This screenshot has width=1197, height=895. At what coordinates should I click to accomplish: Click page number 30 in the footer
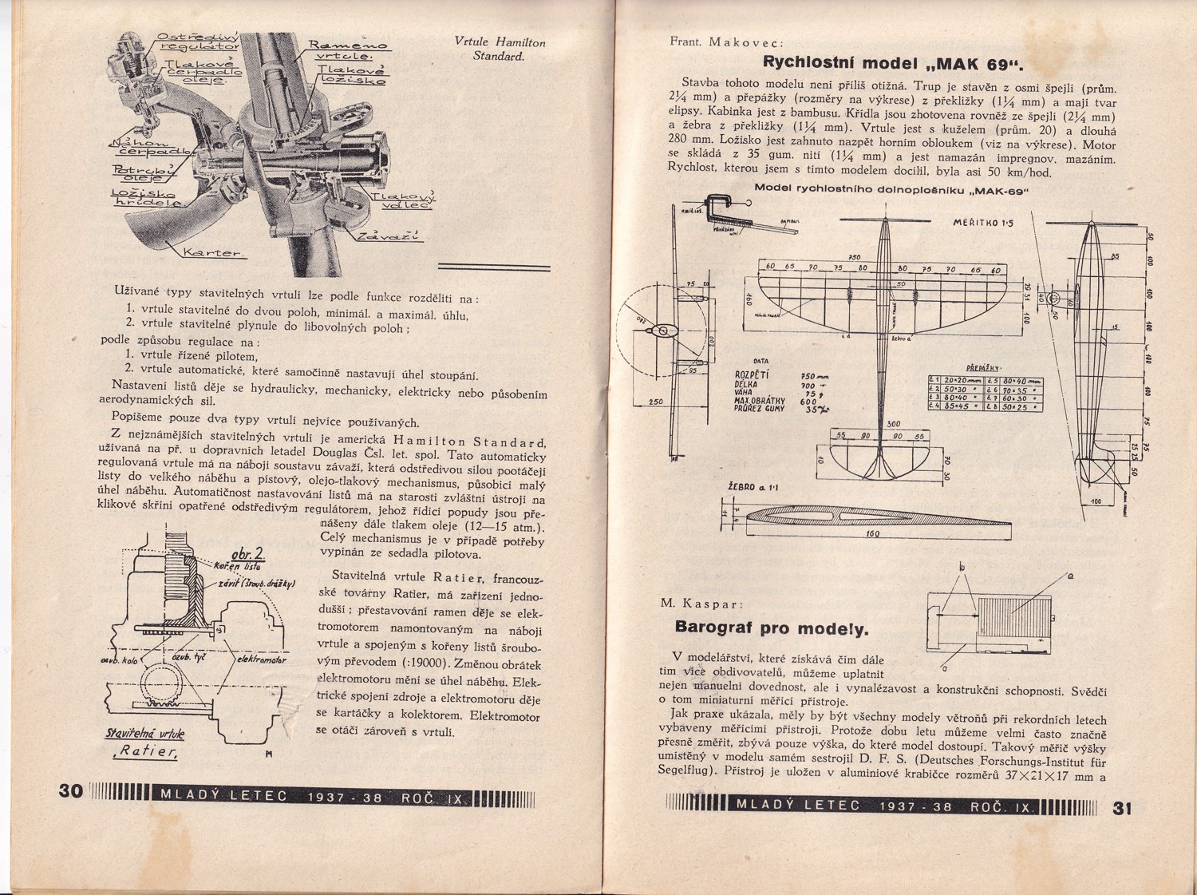coord(71,790)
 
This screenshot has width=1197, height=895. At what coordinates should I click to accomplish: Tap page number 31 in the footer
coord(1123,807)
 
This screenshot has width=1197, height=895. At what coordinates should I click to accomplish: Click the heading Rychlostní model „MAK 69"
coord(893,64)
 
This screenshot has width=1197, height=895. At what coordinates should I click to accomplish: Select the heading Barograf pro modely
coord(771,628)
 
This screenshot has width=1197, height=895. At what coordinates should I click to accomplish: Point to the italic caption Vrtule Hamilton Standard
coord(500,50)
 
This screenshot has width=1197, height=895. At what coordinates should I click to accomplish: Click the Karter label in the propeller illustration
coord(215,253)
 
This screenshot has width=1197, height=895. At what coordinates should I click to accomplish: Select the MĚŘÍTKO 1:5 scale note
coord(982,223)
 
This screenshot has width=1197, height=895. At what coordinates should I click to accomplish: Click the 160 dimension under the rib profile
coord(872,534)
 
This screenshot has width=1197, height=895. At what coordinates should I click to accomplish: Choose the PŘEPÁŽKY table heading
coord(982,367)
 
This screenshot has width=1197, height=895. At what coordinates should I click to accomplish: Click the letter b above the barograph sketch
coord(961,566)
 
